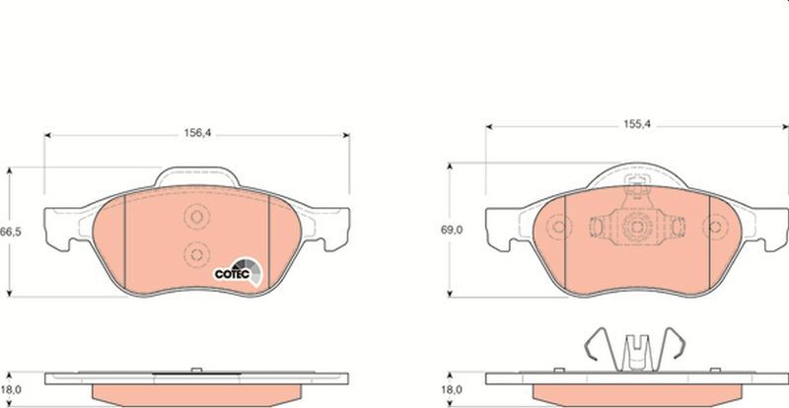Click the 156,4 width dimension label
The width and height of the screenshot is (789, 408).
point(197,133)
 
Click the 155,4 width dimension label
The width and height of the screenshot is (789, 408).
point(637,125)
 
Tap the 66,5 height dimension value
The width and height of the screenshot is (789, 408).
point(10,233)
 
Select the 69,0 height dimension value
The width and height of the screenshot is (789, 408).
point(452,230)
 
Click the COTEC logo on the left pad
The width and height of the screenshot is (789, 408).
point(239,272)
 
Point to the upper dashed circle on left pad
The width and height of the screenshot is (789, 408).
point(196,217)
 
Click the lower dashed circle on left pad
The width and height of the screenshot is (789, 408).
point(196,254)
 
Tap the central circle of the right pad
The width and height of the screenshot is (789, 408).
point(636,226)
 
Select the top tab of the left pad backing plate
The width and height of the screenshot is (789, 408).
point(196,176)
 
